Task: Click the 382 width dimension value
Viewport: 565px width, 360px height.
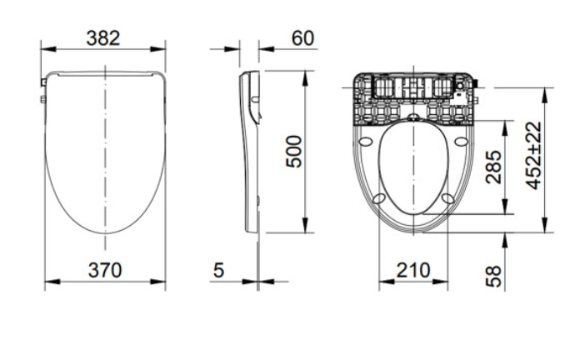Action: [103, 37]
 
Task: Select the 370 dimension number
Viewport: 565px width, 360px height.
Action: [105, 270]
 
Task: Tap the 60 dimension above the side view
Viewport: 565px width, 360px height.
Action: [303, 37]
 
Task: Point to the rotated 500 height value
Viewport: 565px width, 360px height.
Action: [293, 152]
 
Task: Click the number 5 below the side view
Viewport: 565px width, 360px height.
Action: [218, 270]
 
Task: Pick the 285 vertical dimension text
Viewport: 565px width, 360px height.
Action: [493, 167]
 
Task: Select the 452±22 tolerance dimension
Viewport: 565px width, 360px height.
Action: [533, 155]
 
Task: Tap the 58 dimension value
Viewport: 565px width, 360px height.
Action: [493, 277]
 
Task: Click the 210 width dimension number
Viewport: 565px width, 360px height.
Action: [413, 270]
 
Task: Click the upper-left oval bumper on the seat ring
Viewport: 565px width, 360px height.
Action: [366, 142]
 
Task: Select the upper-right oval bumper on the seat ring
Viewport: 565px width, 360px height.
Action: [461, 142]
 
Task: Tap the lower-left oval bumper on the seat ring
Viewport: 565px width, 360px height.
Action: [379, 198]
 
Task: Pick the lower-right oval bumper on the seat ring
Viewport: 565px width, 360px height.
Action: [447, 198]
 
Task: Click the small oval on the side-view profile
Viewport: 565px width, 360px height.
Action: [255, 99]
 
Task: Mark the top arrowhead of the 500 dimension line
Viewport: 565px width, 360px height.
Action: [306, 78]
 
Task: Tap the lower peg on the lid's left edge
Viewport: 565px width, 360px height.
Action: [43, 99]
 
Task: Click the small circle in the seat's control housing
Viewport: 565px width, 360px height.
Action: [460, 86]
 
